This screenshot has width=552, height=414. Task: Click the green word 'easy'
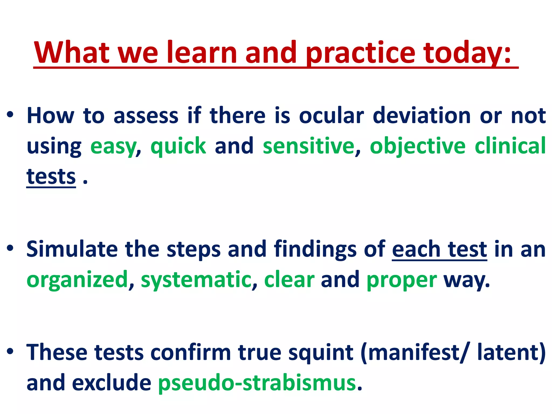point(113,146)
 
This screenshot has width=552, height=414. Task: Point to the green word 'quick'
point(178,146)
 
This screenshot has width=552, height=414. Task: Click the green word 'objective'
point(418,146)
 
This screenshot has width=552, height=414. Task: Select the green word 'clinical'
point(510,146)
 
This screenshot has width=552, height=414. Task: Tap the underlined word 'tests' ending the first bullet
point(51,177)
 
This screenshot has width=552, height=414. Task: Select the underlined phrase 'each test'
point(439,250)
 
